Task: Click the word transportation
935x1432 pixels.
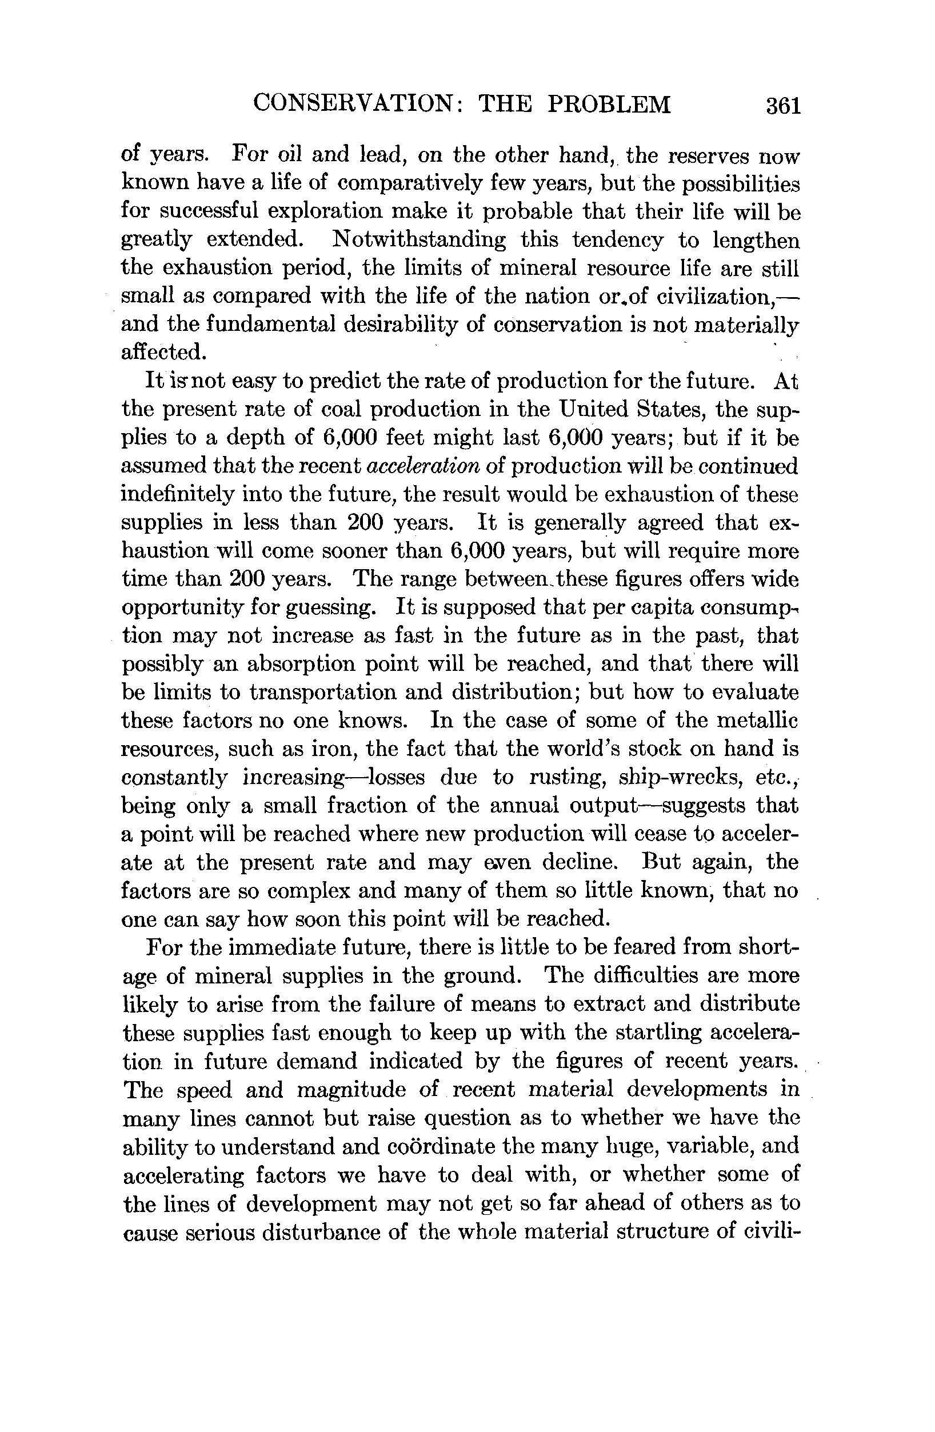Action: coord(323,693)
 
